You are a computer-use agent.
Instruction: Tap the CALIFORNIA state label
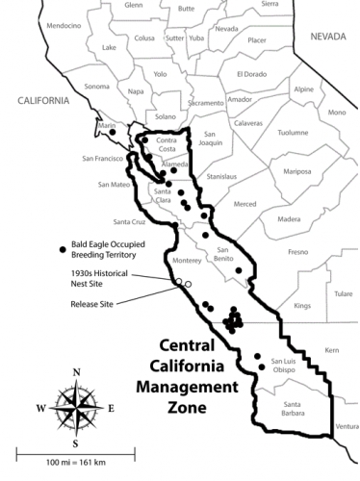[x=42, y=100]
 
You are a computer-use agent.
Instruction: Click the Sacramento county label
[x=205, y=102]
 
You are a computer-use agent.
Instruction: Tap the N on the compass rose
[x=77, y=372]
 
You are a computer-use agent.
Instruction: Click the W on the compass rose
[x=40, y=408]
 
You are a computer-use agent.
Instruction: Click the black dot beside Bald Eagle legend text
[x=64, y=248]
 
